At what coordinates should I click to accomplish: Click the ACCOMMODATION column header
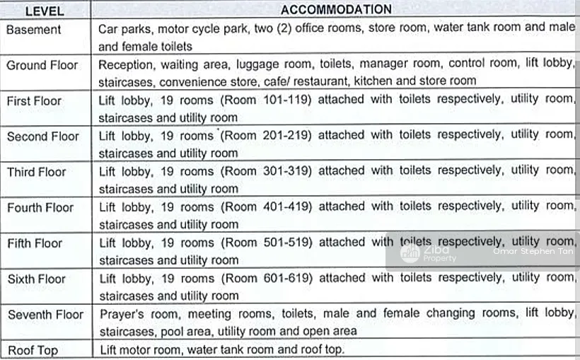click(335, 10)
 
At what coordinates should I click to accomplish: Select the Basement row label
click(34, 30)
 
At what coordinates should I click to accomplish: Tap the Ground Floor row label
click(42, 65)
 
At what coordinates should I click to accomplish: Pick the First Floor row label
click(34, 100)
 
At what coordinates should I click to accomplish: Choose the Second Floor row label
click(42, 136)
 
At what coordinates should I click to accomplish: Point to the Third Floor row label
click(36, 172)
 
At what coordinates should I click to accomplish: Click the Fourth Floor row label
click(40, 207)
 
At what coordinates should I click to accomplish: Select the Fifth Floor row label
click(35, 243)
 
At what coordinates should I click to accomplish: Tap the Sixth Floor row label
click(36, 279)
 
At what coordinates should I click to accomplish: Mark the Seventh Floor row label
click(45, 314)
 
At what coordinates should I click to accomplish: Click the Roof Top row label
click(33, 350)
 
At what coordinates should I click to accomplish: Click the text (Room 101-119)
click(266, 100)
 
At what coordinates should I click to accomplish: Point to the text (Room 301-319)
click(266, 171)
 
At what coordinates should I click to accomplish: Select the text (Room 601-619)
click(266, 278)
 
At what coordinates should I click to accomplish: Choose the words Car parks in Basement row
click(124, 30)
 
